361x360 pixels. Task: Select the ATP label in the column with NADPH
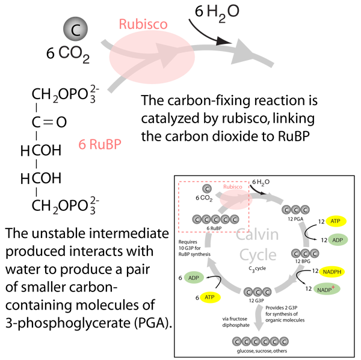click(336, 221)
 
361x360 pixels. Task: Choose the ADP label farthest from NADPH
click(194, 278)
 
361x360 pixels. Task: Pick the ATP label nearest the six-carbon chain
click(209, 297)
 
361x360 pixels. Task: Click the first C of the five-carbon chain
click(196, 219)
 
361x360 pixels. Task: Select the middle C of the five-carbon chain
click(216, 219)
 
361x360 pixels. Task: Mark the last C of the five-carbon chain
click(235, 219)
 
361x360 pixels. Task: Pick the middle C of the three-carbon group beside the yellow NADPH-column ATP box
click(296, 210)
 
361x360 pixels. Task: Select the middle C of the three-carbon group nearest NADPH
click(305, 254)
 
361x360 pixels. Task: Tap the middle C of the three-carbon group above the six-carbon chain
click(258, 293)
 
